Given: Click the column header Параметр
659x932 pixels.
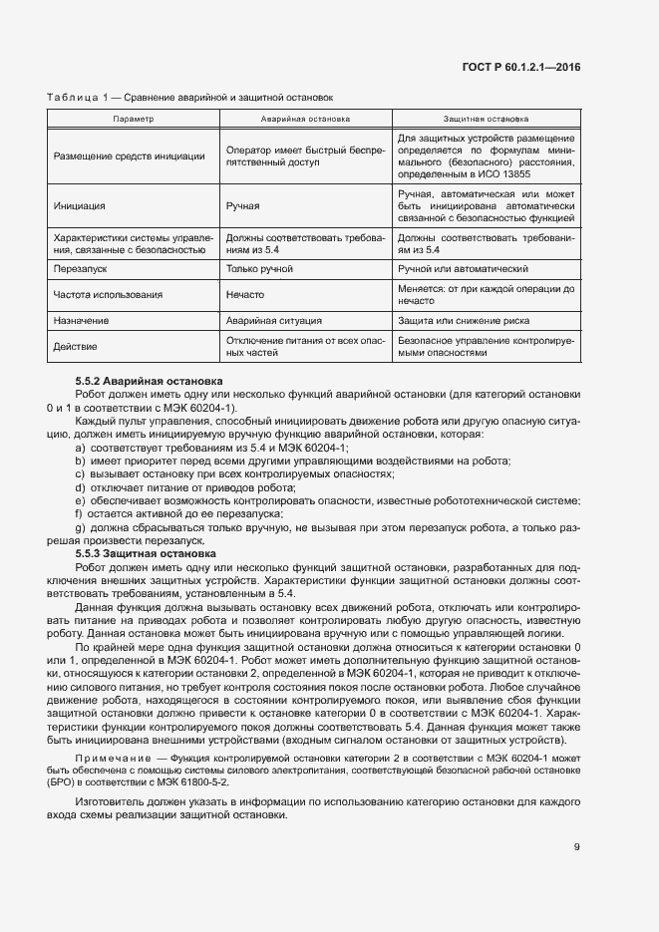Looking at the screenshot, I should point(134,118).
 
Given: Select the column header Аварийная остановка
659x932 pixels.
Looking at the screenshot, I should point(305,118).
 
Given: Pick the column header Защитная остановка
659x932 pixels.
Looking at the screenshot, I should point(486,118).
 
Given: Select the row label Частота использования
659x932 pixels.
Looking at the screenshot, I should point(108,295).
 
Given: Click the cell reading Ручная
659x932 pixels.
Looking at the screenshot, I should point(243,205).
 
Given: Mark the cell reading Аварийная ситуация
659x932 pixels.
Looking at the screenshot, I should point(274,321).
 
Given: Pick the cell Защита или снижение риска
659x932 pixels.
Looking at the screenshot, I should point(465,321).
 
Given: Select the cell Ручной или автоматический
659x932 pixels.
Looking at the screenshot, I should point(463,269).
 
